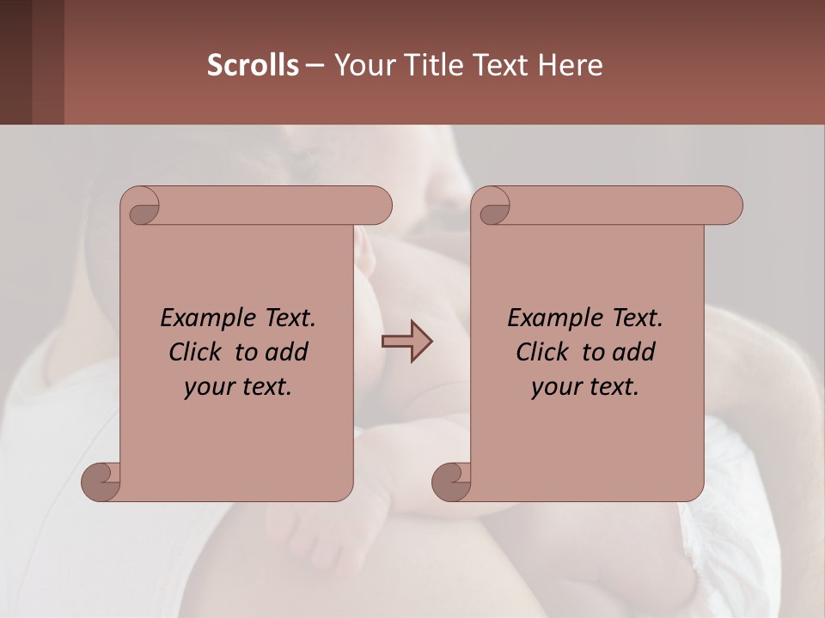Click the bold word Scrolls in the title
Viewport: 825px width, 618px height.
(253, 65)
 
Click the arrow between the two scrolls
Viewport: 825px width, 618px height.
(406, 342)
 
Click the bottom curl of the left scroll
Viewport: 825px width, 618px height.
(101, 481)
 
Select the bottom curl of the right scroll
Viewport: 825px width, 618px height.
(452, 481)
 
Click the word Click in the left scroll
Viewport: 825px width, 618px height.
(197, 352)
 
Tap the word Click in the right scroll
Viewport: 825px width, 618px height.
(544, 352)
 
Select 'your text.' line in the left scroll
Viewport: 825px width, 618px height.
(238, 386)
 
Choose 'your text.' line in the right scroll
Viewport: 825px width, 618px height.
(585, 386)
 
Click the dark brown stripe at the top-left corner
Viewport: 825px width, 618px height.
(15, 62)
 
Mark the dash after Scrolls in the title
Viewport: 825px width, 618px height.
(315, 65)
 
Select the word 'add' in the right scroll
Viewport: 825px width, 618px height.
(635, 352)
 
